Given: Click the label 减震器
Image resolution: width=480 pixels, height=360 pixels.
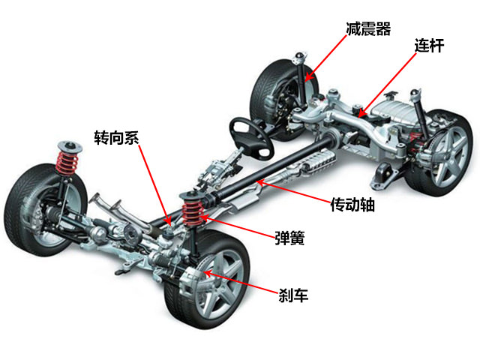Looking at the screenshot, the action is pyautogui.click(x=368, y=29).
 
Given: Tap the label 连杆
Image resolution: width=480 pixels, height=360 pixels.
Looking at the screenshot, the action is pyautogui.click(x=429, y=46).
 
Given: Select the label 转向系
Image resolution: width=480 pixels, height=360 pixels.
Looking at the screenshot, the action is pyautogui.click(x=117, y=137).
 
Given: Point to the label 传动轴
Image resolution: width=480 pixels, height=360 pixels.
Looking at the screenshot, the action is pyautogui.click(x=352, y=204).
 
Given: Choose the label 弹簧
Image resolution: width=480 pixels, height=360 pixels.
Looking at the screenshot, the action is pyautogui.click(x=289, y=238).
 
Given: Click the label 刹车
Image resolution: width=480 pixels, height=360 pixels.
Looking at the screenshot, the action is pyautogui.click(x=293, y=295).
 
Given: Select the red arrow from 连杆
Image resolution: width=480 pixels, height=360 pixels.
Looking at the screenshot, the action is pyautogui.click(x=387, y=85).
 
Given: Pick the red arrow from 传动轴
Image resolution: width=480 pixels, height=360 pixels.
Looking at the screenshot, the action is pyautogui.click(x=293, y=192).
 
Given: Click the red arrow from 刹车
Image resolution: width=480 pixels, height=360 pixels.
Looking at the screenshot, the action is pyautogui.click(x=241, y=283).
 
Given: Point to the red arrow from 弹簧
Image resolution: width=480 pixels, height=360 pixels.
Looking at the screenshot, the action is pyautogui.click(x=238, y=227).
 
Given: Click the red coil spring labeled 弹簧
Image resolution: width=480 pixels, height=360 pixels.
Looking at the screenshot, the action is pyautogui.click(x=193, y=210).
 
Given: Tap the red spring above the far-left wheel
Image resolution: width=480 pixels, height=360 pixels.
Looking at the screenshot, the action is pyautogui.click(x=67, y=162).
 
